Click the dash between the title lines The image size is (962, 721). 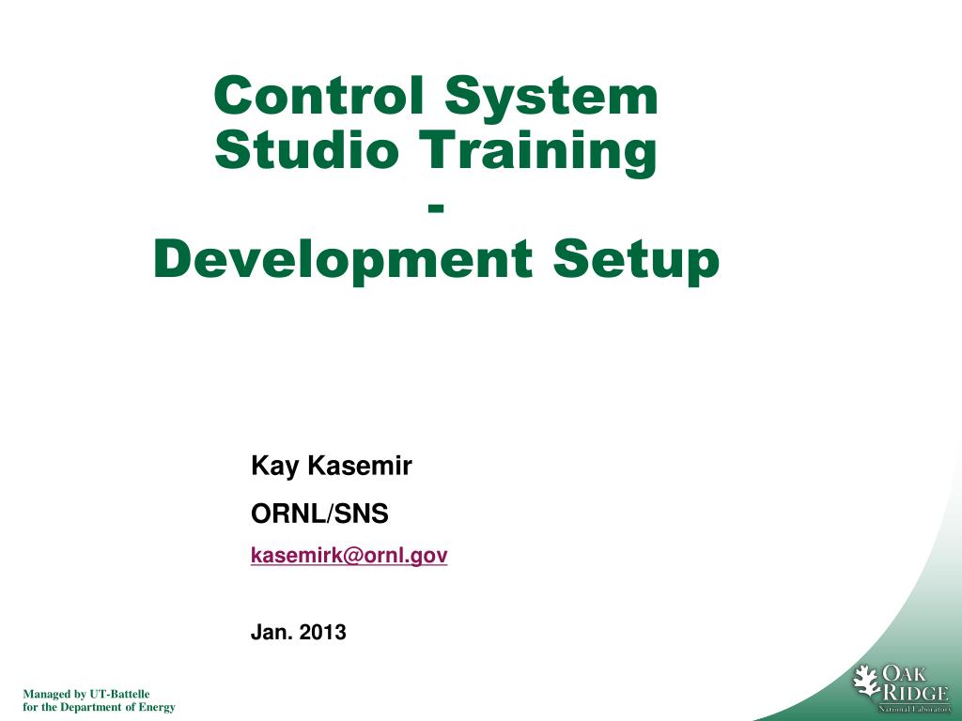point(436,207)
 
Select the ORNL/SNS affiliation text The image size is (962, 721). point(318,514)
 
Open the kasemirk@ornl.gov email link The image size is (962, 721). point(349,556)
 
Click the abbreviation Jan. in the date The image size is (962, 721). point(269,633)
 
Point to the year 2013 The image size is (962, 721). point(322,633)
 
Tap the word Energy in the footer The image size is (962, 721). point(155,707)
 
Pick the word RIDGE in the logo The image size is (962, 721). point(910,693)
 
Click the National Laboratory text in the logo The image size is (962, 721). point(914,709)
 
